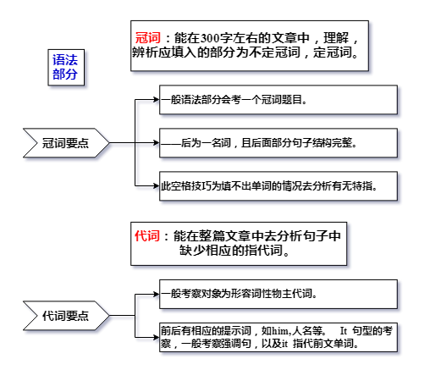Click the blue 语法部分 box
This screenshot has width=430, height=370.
point(66,67)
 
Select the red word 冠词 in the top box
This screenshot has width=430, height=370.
point(147,37)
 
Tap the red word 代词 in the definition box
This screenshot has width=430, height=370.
point(147,235)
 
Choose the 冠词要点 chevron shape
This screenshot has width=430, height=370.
point(66,143)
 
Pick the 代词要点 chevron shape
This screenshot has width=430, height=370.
point(66,316)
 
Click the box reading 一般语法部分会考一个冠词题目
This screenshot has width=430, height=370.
point(278,100)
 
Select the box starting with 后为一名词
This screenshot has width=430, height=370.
point(278,143)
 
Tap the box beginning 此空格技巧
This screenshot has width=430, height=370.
point(278,186)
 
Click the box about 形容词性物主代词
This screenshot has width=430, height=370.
point(278,294)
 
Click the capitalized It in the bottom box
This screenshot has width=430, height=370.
point(344,330)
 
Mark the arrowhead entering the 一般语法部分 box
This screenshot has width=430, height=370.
point(157,100)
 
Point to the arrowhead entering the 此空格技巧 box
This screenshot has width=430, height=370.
point(157,186)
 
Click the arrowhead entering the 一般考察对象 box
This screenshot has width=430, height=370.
point(157,294)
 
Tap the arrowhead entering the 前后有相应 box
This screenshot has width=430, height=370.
point(157,337)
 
